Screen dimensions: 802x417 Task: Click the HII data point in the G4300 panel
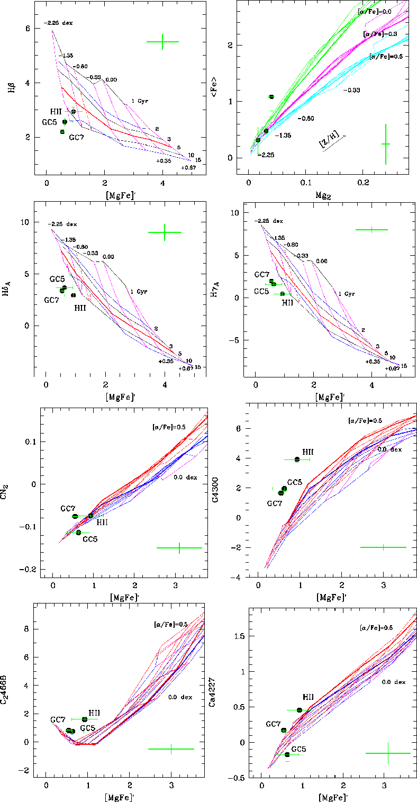coord(297,459)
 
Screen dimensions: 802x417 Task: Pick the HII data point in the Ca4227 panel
coord(300,710)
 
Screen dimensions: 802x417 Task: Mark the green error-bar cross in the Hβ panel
coord(162,41)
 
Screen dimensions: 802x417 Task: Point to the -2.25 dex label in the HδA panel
coord(62,223)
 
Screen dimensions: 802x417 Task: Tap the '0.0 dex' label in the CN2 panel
coord(184,477)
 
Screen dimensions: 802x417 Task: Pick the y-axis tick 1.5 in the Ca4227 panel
coord(235,636)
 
